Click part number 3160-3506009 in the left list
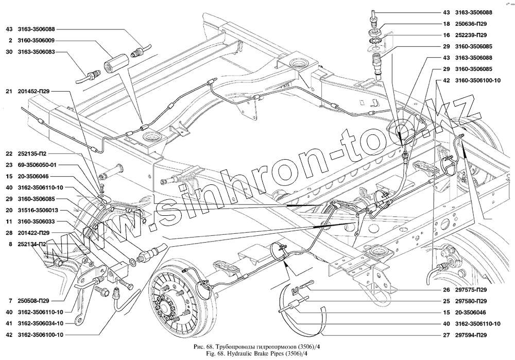[x=39, y=40]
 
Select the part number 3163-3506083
[x=39, y=52]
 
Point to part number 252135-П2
[x=34, y=153]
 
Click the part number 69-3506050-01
[x=38, y=165]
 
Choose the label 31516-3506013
[x=39, y=210]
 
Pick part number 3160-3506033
[x=39, y=221]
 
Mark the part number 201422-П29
[x=36, y=233]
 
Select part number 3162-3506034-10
[x=42, y=323]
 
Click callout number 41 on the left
[x=9, y=323]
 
